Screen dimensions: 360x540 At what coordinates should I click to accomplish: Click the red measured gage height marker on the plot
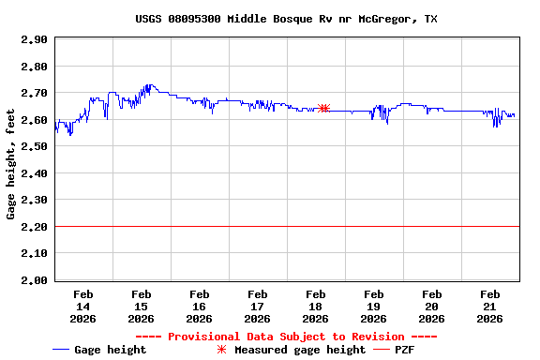[x=323, y=109]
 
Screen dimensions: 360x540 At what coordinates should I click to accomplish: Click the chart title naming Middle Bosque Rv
[x=286, y=19]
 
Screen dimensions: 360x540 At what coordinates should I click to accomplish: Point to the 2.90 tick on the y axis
[x=34, y=40]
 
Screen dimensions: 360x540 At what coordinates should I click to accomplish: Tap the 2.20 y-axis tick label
[x=34, y=227]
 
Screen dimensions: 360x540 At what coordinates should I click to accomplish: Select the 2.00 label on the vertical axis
[x=34, y=280]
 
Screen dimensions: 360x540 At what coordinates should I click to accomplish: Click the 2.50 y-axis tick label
[x=34, y=147]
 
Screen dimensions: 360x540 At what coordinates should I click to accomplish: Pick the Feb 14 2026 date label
[x=82, y=307]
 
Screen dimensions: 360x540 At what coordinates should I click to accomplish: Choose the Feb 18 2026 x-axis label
[x=315, y=307]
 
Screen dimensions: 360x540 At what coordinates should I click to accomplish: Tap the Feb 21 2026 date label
[x=489, y=307]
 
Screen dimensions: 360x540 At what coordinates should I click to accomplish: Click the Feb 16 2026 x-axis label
[x=199, y=307]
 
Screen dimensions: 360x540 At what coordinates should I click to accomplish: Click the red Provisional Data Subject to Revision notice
[x=286, y=337]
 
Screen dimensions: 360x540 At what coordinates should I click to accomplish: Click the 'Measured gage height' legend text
[x=300, y=350]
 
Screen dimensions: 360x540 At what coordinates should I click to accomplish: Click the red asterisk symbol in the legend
[x=222, y=350]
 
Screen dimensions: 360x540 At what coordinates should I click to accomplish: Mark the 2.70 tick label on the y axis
[x=34, y=94]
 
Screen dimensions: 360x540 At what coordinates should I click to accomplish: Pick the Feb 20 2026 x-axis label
[x=431, y=307]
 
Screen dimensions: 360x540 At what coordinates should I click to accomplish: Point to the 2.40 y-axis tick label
[x=34, y=173]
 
